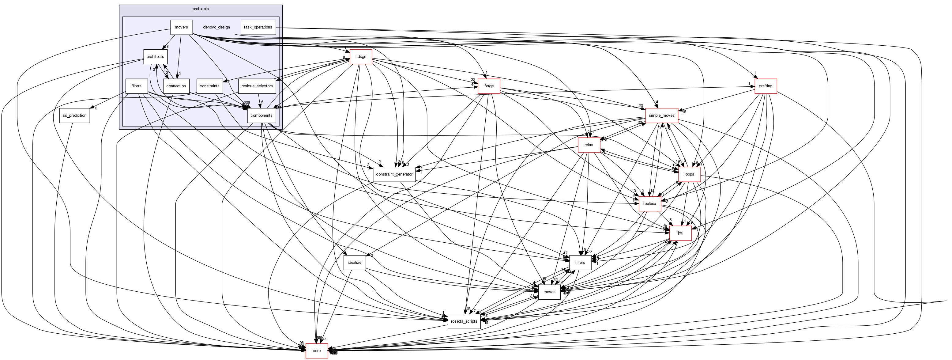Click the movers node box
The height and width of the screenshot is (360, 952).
[182, 27]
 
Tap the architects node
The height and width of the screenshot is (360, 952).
[155, 57]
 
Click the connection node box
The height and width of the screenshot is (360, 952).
[176, 86]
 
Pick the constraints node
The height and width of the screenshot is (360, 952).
[209, 86]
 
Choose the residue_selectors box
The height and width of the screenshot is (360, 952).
[257, 86]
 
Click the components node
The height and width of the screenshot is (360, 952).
[262, 115]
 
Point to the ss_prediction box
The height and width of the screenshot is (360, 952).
[75, 115]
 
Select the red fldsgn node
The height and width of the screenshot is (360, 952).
[360, 57]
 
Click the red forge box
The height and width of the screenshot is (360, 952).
[489, 86]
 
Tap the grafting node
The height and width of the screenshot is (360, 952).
[766, 86]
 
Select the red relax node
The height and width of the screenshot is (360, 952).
[589, 145]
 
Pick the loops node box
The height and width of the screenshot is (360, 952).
[689, 174]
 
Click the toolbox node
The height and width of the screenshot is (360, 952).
[650, 204]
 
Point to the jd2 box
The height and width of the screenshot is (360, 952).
[680, 233]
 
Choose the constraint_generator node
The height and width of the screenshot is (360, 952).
[394, 174]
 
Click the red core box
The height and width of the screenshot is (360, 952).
[317, 351]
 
